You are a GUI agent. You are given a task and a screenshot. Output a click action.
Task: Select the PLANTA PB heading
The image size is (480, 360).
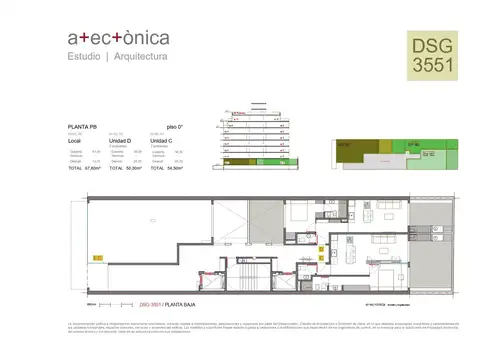coord(82,127)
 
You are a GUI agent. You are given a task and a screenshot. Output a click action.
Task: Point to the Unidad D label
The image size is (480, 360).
coord(120,141)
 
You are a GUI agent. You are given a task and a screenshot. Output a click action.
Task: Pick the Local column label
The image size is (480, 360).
coord(74,141)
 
